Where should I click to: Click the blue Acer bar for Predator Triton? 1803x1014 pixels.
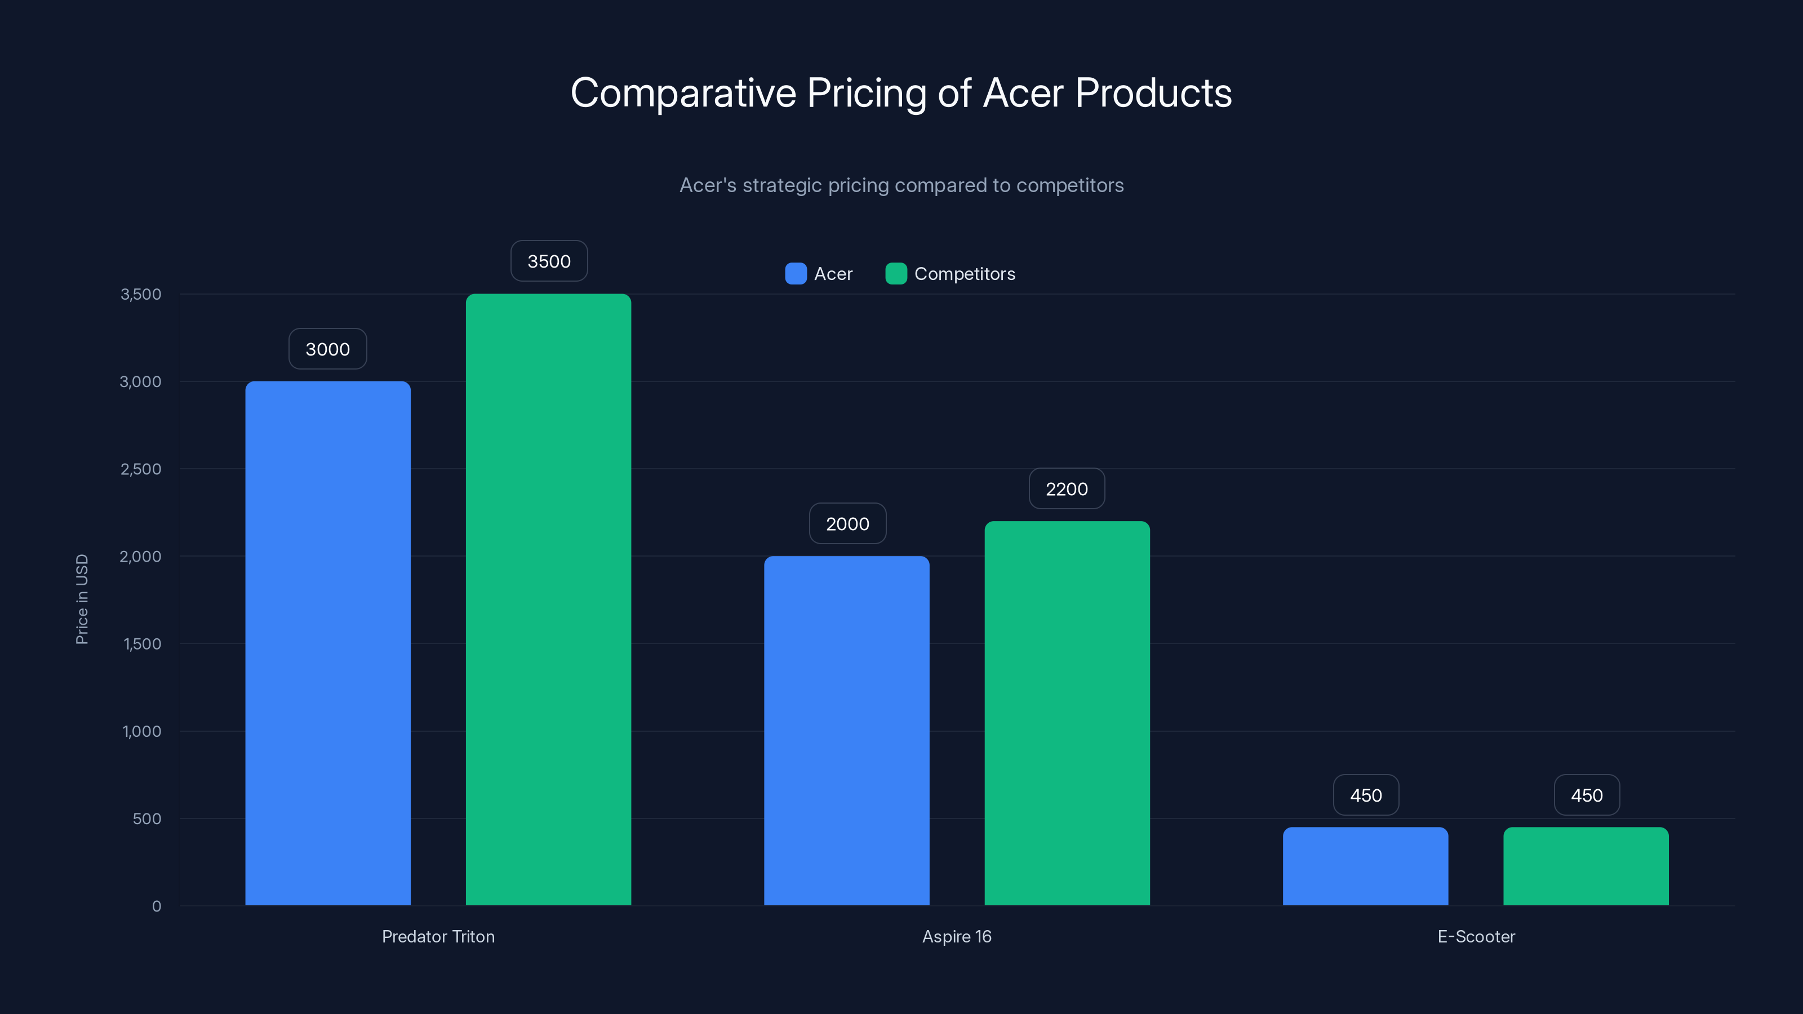[x=327, y=643]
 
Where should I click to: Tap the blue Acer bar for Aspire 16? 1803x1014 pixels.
[x=846, y=731]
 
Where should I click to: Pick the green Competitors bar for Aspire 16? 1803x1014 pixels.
[x=1067, y=713]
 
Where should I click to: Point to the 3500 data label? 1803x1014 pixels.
[x=549, y=261]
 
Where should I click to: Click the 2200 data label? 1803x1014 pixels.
[x=1067, y=488]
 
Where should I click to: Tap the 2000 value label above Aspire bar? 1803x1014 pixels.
[x=847, y=523]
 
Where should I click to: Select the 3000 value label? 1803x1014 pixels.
[x=327, y=349]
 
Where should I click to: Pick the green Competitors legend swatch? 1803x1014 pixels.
[x=896, y=274]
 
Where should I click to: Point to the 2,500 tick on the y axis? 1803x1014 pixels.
[x=141, y=469]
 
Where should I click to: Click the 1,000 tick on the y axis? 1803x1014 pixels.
[x=141, y=731]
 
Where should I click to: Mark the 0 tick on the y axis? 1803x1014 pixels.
[x=156, y=906]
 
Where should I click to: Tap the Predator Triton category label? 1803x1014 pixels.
[x=438, y=936]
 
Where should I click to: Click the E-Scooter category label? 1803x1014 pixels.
[x=1476, y=936]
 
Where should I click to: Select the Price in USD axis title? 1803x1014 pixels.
[x=82, y=599]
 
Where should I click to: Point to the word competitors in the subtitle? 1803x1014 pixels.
[x=1069, y=185]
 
